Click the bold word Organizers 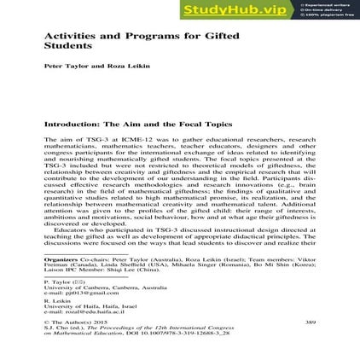tap(58, 256)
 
